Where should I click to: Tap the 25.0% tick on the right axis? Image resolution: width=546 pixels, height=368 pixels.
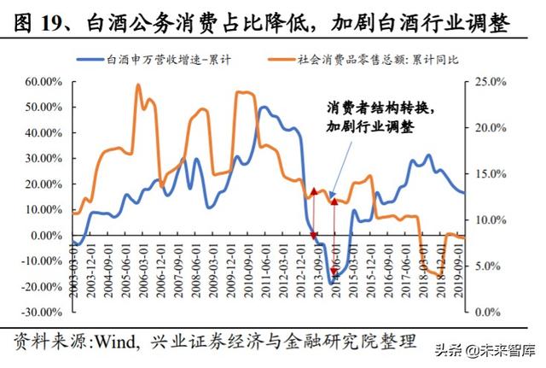489,82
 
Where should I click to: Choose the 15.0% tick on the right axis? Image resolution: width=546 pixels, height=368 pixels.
489,174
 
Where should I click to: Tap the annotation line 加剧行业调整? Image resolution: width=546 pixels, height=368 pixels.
369,127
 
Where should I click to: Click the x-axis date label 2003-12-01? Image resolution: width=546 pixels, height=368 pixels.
86,263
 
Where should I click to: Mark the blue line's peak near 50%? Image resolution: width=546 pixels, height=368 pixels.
263,108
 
